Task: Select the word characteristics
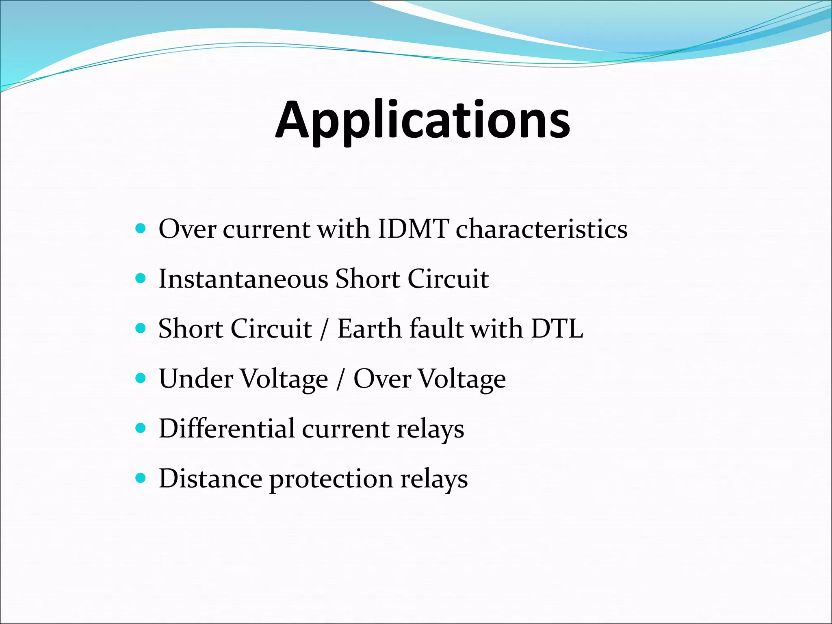pyautogui.click(x=542, y=229)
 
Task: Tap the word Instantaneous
pyautogui.click(x=243, y=279)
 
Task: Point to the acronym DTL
pyautogui.click(x=557, y=329)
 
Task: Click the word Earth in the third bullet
pyautogui.click(x=369, y=329)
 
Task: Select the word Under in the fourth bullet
pyautogui.click(x=196, y=379)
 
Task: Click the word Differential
pyautogui.click(x=227, y=429)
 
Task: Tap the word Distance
pyautogui.click(x=210, y=478)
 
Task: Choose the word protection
pyautogui.click(x=331, y=479)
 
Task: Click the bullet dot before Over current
pyautogui.click(x=141, y=229)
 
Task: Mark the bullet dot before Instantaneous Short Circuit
pyautogui.click(x=141, y=279)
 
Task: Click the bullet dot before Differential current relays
pyautogui.click(x=141, y=428)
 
